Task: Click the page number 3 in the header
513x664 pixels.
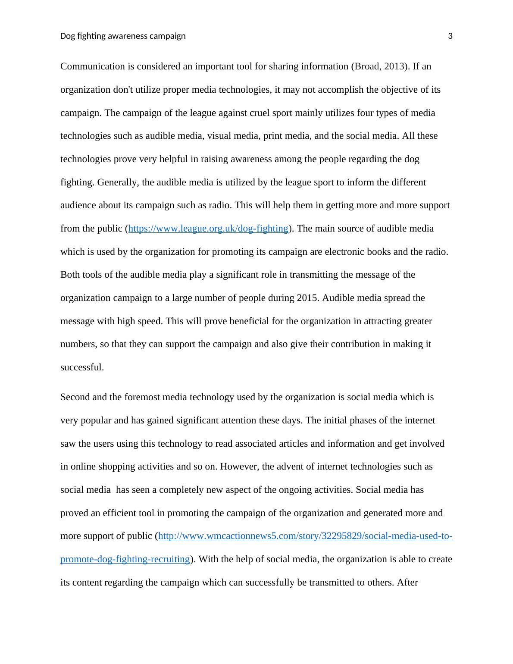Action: click(450, 36)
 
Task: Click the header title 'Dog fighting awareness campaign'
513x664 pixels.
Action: click(123, 36)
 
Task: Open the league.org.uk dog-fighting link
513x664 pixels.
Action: click(208, 229)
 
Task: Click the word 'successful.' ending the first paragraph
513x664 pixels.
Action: click(82, 367)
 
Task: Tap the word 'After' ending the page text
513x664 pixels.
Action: click(407, 583)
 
